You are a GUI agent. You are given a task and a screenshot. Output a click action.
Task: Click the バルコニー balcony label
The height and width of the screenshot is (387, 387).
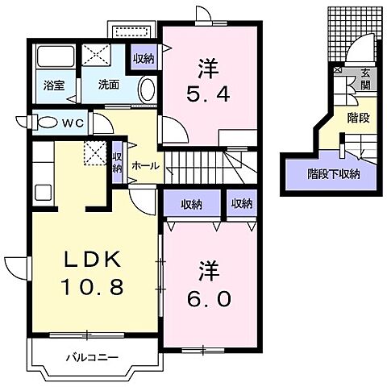tap(87, 356)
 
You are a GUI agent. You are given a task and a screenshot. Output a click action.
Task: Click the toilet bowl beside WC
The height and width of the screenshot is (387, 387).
tap(48, 123)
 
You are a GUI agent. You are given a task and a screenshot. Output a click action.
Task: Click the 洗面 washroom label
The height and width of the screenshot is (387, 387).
tap(109, 83)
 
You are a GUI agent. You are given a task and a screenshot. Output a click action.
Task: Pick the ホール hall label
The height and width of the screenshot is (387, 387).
tap(145, 166)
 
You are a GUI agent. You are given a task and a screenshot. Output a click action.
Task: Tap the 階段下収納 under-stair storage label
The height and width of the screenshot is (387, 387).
tap(334, 173)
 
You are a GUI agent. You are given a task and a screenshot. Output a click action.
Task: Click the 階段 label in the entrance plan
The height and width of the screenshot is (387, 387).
tap(358, 117)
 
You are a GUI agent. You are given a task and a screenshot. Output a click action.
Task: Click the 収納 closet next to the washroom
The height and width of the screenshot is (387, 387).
tap(144, 58)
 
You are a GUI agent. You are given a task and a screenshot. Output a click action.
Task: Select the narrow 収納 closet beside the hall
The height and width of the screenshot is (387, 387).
tap(118, 163)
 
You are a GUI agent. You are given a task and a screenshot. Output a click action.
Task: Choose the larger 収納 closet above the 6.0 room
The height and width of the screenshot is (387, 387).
tap(191, 203)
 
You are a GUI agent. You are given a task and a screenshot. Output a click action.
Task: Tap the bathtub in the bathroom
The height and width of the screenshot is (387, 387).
tap(53, 58)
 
